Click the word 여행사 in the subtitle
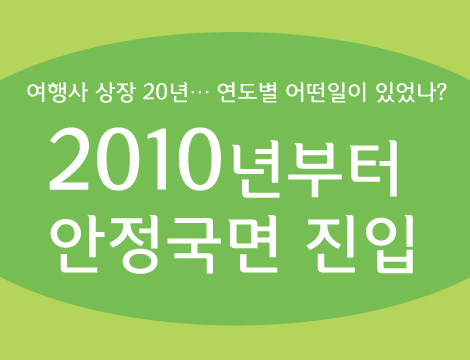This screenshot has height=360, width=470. pyautogui.click(x=57, y=94)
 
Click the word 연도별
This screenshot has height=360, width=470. pyautogui.click(x=249, y=94)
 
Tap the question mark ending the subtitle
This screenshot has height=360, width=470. pyautogui.click(x=440, y=94)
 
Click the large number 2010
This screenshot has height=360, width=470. pyautogui.click(x=135, y=161)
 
